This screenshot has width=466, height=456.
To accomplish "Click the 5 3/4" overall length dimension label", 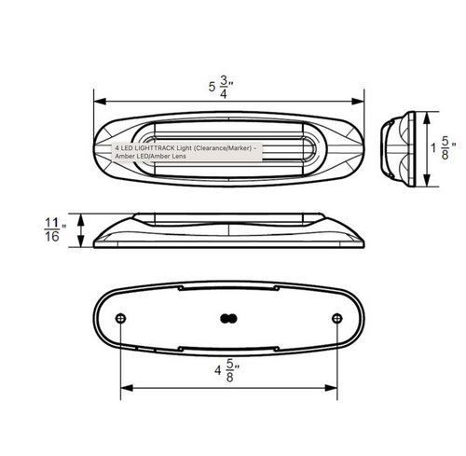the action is click(221, 87).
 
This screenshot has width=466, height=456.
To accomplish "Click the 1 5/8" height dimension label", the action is click(444, 148).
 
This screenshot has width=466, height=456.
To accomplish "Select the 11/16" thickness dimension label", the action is click(55, 230).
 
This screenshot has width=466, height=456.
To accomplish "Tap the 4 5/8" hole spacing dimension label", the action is click(227, 370).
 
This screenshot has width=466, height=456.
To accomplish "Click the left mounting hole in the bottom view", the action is click(120, 319).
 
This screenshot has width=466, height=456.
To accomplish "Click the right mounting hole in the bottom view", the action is click(337, 319).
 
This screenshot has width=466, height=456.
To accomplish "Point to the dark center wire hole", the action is click(228, 319).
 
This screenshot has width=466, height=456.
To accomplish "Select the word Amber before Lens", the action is click(159, 156).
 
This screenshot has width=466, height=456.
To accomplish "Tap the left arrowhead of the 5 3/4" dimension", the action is click(100, 102).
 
